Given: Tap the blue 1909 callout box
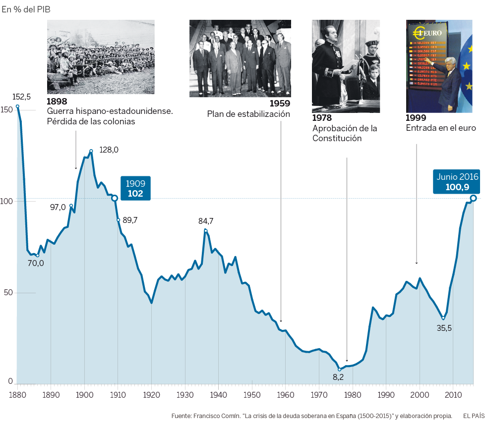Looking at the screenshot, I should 135,188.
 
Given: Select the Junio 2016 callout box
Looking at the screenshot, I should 457,181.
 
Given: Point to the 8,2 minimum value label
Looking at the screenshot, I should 338,377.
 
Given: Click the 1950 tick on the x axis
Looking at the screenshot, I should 252,395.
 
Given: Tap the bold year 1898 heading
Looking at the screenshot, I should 57,102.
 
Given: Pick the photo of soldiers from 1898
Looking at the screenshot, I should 101,57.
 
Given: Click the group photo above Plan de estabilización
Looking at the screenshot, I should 240,58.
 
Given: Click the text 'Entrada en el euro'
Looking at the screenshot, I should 440,128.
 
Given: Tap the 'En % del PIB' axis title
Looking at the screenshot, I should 26,9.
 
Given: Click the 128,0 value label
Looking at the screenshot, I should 109,150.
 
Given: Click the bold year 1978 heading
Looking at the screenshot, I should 322,118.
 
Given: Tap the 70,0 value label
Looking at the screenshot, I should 36,263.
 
